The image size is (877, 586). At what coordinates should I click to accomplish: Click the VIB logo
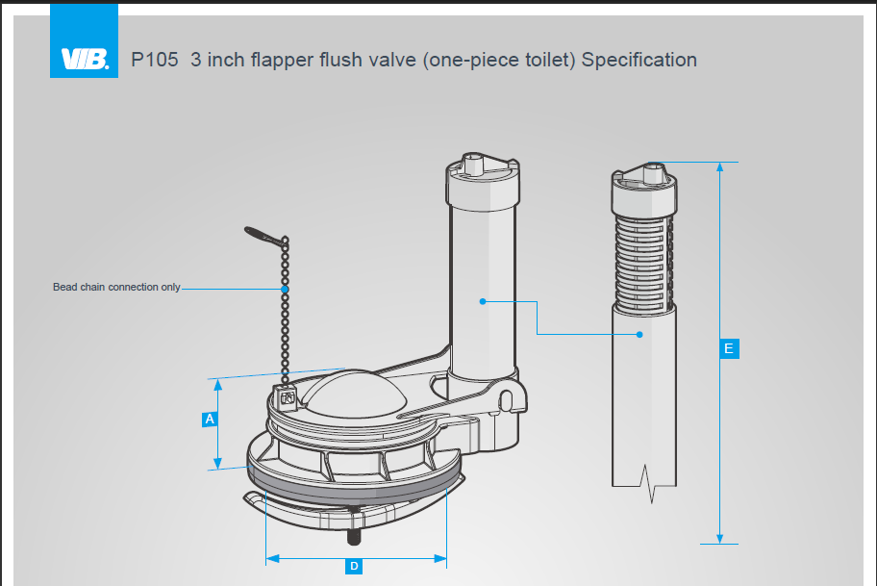coord(84,58)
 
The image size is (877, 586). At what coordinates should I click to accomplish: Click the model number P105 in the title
coord(154,60)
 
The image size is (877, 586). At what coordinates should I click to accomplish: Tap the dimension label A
coord(209,420)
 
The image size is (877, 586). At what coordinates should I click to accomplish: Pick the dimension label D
coord(354,566)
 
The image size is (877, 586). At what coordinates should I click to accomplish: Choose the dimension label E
coord(728,348)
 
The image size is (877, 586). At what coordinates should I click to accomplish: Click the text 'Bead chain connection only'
coord(116,288)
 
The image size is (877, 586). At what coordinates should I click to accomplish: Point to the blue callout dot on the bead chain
coord(285,289)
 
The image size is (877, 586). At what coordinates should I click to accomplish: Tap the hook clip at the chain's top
coord(263,234)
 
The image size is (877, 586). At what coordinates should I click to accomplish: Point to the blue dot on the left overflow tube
coord(483,301)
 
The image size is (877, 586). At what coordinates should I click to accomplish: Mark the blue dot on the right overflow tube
coord(639,335)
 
